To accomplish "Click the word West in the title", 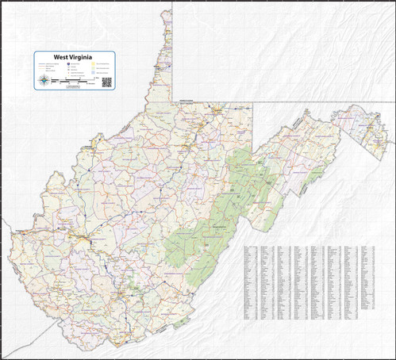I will pos(62,57).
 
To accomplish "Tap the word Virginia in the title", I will pos(83,57).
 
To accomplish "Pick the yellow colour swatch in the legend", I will pos(93,64).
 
